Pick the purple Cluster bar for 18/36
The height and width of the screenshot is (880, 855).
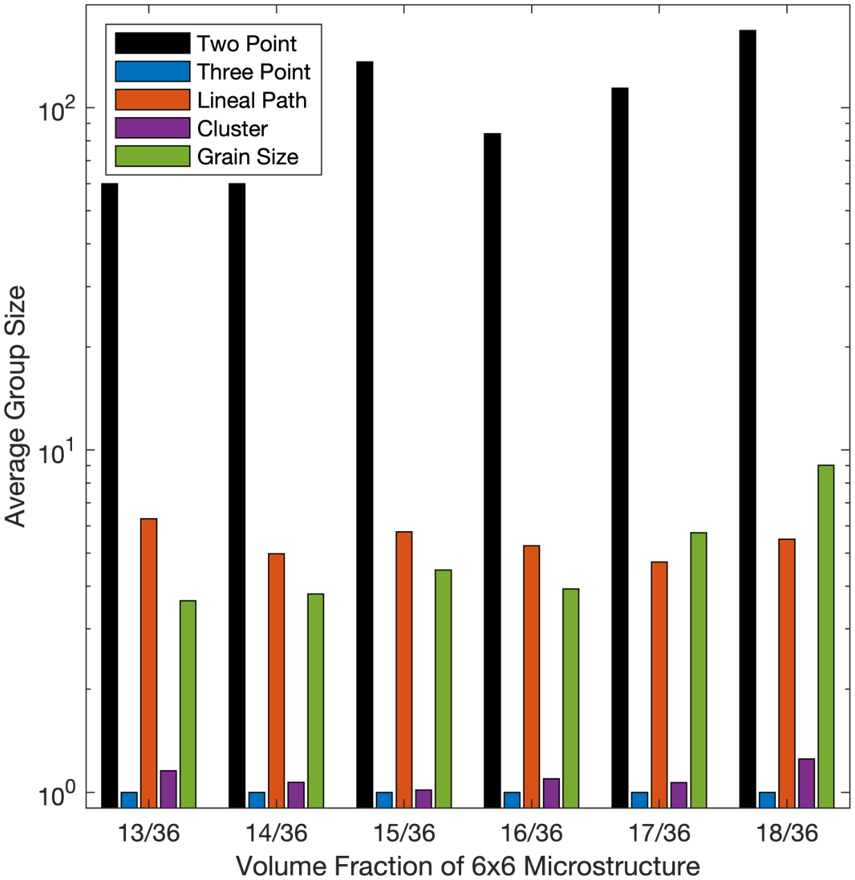[x=806, y=783]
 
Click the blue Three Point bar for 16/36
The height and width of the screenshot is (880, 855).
[x=512, y=800]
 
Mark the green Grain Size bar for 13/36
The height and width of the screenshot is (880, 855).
[x=188, y=703]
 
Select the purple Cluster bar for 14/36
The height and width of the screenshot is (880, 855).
[x=296, y=795]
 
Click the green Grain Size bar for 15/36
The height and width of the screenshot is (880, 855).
[x=443, y=688]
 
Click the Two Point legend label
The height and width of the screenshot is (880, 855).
[x=246, y=44]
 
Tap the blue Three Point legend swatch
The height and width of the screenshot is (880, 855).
[x=152, y=72]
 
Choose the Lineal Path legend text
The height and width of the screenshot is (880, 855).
[x=251, y=100]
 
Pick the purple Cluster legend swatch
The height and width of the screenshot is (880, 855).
[x=152, y=128]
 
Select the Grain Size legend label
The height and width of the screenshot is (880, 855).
[x=247, y=157]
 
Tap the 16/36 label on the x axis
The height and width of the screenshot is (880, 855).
[x=532, y=833]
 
